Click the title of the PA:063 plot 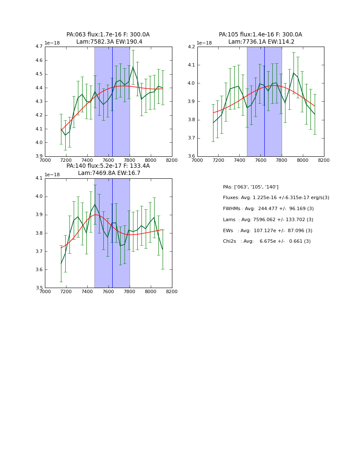[108, 38]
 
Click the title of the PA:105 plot [260, 38]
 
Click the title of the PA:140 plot [108, 169]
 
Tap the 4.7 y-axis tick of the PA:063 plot [39, 47]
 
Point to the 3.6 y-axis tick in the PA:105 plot [191, 156]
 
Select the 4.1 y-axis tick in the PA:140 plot [39, 178]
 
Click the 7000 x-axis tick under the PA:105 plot [197, 160]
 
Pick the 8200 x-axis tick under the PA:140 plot [172, 291]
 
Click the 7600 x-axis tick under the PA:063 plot [108, 160]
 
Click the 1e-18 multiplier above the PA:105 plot [204, 43]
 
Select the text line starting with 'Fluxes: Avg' [276, 198]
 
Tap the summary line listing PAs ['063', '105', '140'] [250, 187]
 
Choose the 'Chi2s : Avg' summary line [266, 241]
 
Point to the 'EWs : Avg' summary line [267, 230]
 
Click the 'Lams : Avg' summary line [268, 219]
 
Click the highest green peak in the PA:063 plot [133, 67]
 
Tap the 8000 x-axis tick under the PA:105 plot [302, 160]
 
